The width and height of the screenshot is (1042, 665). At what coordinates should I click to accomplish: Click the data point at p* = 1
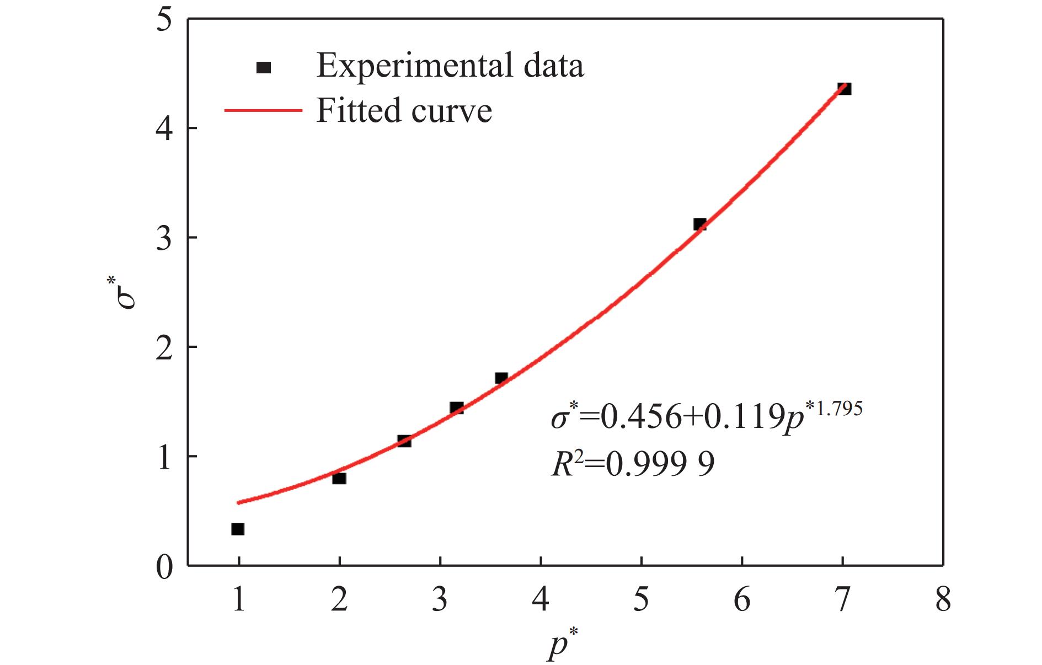pyautogui.click(x=238, y=529)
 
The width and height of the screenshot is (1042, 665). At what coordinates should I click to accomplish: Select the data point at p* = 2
pyautogui.click(x=339, y=478)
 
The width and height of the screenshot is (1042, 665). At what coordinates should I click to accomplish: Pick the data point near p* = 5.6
pyautogui.click(x=699, y=224)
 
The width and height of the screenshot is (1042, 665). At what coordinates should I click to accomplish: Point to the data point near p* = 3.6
pyautogui.click(x=501, y=378)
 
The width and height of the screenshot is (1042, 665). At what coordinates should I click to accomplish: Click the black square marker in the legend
pyautogui.click(x=264, y=67)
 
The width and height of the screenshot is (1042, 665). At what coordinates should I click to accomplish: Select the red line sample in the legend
pyautogui.click(x=263, y=110)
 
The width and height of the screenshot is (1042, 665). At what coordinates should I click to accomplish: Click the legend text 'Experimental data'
pyautogui.click(x=450, y=66)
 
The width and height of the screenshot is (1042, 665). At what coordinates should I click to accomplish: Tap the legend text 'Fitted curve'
pyautogui.click(x=404, y=110)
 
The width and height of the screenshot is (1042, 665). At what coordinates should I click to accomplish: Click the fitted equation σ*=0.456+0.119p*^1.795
pyautogui.click(x=706, y=416)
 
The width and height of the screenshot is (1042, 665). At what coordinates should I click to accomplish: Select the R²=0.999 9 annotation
pyautogui.click(x=633, y=464)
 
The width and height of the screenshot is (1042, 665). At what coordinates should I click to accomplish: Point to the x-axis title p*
pyautogui.click(x=562, y=646)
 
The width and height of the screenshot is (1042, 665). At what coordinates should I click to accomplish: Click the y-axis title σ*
pyautogui.click(x=126, y=293)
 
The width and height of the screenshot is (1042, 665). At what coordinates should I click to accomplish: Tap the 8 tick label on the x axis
pyautogui.click(x=943, y=599)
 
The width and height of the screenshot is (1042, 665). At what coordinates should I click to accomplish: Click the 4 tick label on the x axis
pyautogui.click(x=541, y=599)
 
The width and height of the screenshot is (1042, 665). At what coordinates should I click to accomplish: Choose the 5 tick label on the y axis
pyautogui.click(x=164, y=21)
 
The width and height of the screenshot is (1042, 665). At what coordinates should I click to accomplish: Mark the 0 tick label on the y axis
pyautogui.click(x=164, y=567)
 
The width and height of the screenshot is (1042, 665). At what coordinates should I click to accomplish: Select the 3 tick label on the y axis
pyautogui.click(x=164, y=238)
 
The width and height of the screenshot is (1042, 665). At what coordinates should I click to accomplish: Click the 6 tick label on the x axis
pyautogui.click(x=742, y=599)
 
